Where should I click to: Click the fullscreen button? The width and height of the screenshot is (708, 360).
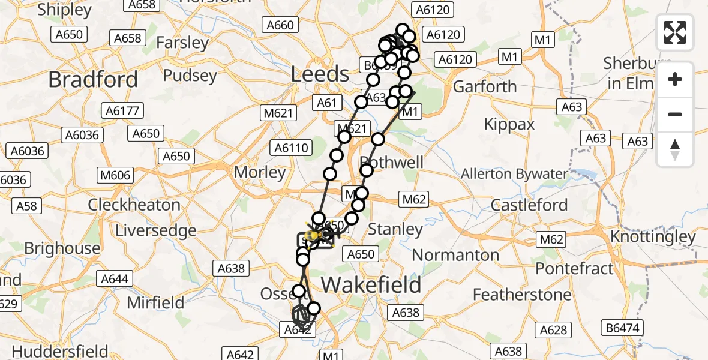(x=675, y=32)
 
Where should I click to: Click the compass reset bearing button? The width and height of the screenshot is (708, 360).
(x=675, y=149)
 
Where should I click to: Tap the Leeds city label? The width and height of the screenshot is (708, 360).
(x=320, y=74)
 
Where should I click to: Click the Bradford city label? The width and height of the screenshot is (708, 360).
(x=93, y=79)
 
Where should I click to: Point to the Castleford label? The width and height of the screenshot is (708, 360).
(x=529, y=205)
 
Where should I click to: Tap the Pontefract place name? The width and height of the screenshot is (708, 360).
(x=574, y=268)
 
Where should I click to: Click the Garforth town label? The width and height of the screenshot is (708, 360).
(x=485, y=86)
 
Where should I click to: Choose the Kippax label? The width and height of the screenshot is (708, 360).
(x=509, y=124)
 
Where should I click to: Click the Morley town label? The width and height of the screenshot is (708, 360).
(x=260, y=172)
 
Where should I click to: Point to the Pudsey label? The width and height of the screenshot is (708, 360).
(x=190, y=76)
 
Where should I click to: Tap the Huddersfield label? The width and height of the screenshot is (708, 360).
(x=60, y=351)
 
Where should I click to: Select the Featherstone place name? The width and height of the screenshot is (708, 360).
(x=522, y=295)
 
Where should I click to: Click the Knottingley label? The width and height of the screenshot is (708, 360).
(x=653, y=236)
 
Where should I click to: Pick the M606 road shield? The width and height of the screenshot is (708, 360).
(x=115, y=175)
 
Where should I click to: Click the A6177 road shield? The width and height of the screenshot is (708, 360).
(x=122, y=110)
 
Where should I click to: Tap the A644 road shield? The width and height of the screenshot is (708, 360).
(x=115, y=279)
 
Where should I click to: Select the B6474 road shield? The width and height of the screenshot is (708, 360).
(x=622, y=328)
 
